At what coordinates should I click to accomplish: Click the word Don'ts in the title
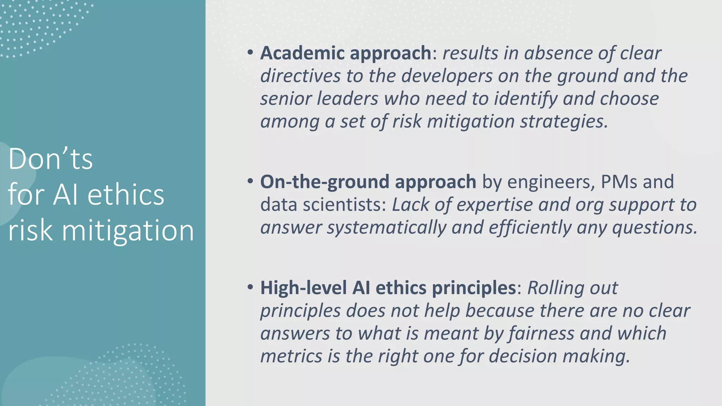click(x=50, y=159)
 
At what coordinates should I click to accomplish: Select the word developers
click(x=447, y=76)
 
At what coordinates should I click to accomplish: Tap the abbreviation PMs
click(x=619, y=182)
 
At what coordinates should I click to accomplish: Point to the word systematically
click(x=386, y=228)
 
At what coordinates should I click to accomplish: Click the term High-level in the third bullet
click(x=304, y=288)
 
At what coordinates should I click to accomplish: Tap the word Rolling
click(x=555, y=288)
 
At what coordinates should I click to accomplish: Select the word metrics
click(x=291, y=356)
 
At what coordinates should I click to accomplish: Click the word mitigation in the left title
click(x=128, y=231)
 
